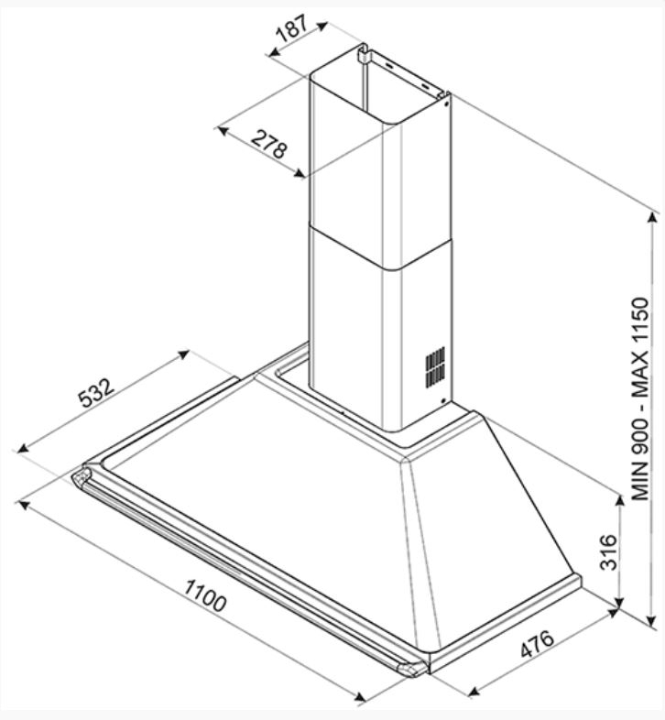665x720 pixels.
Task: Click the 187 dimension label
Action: click(292, 28)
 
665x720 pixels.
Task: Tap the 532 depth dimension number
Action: click(96, 393)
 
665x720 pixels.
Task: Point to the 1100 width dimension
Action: click(205, 595)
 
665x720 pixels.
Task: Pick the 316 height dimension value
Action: click(609, 552)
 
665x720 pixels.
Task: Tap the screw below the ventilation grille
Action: click(443, 401)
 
